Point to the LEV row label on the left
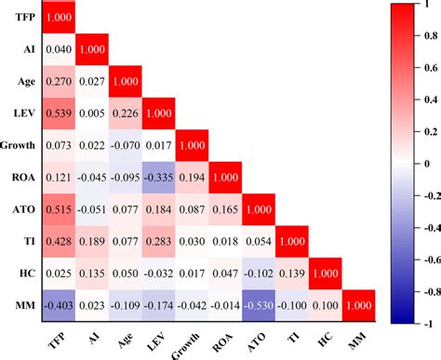click(23, 113)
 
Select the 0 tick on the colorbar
click(421, 163)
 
